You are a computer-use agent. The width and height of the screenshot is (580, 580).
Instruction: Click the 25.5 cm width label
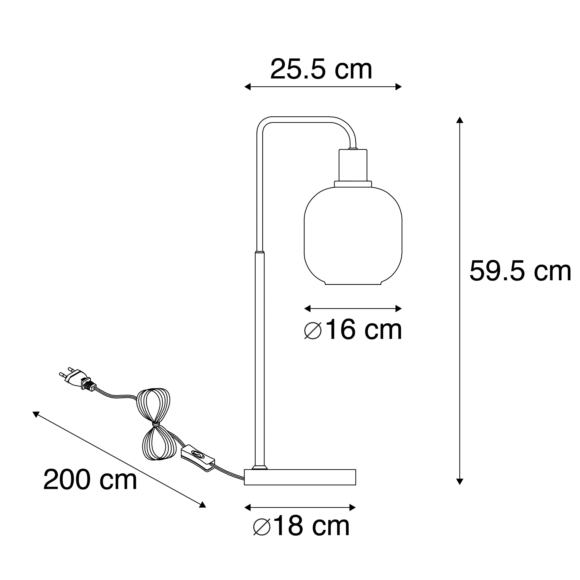(x=321, y=70)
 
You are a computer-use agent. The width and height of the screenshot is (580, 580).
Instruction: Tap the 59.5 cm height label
(x=520, y=271)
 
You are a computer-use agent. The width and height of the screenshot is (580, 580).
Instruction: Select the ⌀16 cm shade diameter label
(x=353, y=330)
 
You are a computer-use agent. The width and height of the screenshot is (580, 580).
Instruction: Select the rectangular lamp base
(x=300, y=485)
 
